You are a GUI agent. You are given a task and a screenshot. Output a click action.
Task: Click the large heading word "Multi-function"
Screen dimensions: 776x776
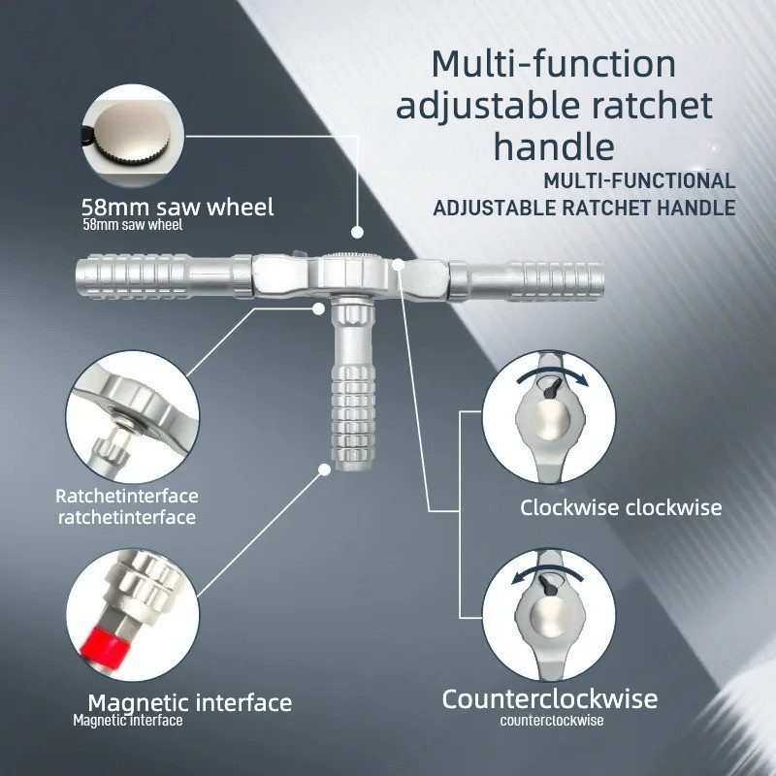tap(553, 64)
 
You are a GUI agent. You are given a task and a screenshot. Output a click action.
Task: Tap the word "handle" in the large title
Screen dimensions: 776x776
tap(554, 146)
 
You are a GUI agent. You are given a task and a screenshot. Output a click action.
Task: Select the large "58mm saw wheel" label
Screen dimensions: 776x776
tap(178, 208)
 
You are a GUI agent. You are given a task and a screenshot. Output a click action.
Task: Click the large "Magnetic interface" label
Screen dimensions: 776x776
tap(190, 702)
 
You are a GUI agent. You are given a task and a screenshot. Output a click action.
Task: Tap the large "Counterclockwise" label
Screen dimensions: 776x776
tap(550, 699)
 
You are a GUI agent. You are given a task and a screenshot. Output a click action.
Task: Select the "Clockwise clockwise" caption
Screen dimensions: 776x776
tap(621, 507)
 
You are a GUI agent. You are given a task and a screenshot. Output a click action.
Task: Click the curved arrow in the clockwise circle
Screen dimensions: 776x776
tap(552, 372)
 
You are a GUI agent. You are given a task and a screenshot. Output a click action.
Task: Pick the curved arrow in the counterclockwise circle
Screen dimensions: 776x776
tap(548, 570)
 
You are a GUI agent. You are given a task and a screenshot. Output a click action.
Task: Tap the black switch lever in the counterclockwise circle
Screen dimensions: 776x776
tap(548, 585)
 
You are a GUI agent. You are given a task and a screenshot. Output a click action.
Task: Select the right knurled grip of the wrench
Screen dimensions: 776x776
tap(558, 280)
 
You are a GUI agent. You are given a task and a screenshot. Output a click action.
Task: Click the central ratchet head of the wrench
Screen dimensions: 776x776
tap(353, 275)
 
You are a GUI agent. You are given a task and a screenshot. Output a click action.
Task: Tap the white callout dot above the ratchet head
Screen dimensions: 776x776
tap(357, 232)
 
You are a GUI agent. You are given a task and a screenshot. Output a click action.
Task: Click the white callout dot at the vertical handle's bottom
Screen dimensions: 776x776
tap(324, 469)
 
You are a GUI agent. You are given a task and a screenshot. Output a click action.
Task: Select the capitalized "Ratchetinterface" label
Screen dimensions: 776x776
tap(127, 496)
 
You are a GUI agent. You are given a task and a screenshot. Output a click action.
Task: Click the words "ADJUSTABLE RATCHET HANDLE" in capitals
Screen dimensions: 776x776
tap(585, 208)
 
